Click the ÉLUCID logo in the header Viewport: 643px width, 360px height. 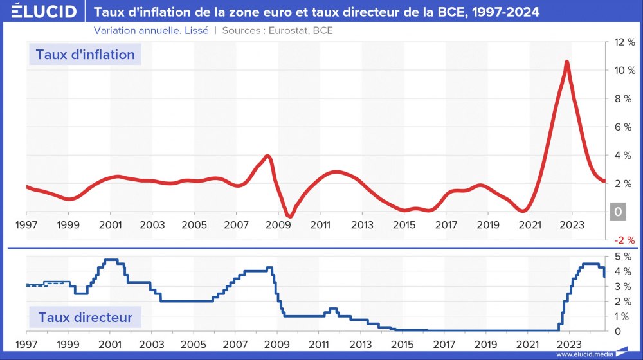pos(40,12)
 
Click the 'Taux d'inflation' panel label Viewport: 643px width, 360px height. pos(85,55)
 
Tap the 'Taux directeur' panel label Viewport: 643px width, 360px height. pos(85,317)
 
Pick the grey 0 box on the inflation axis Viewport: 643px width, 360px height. pos(618,212)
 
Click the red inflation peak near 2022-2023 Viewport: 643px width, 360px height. pos(566,62)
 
